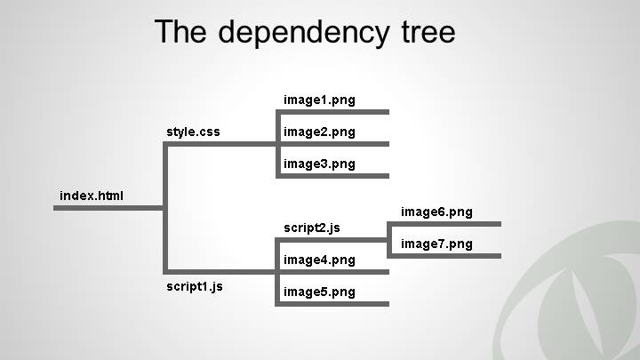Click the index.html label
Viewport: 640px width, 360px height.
tap(92, 196)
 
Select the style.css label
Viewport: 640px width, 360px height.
tap(193, 132)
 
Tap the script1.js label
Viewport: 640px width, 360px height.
tap(195, 286)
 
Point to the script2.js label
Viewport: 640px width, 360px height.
tap(312, 228)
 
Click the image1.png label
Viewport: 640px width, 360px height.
tap(319, 100)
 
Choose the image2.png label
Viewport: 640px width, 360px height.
tap(319, 132)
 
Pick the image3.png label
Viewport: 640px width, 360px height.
tap(319, 164)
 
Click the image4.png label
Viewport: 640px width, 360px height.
tap(319, 260)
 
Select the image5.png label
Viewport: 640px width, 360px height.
tap(319, 292)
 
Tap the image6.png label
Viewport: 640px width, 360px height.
tap(436, 212)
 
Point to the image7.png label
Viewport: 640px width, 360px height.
tap(436, 244)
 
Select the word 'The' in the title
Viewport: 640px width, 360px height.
tap(182, 32)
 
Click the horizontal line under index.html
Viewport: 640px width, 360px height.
tap(107, 208)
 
